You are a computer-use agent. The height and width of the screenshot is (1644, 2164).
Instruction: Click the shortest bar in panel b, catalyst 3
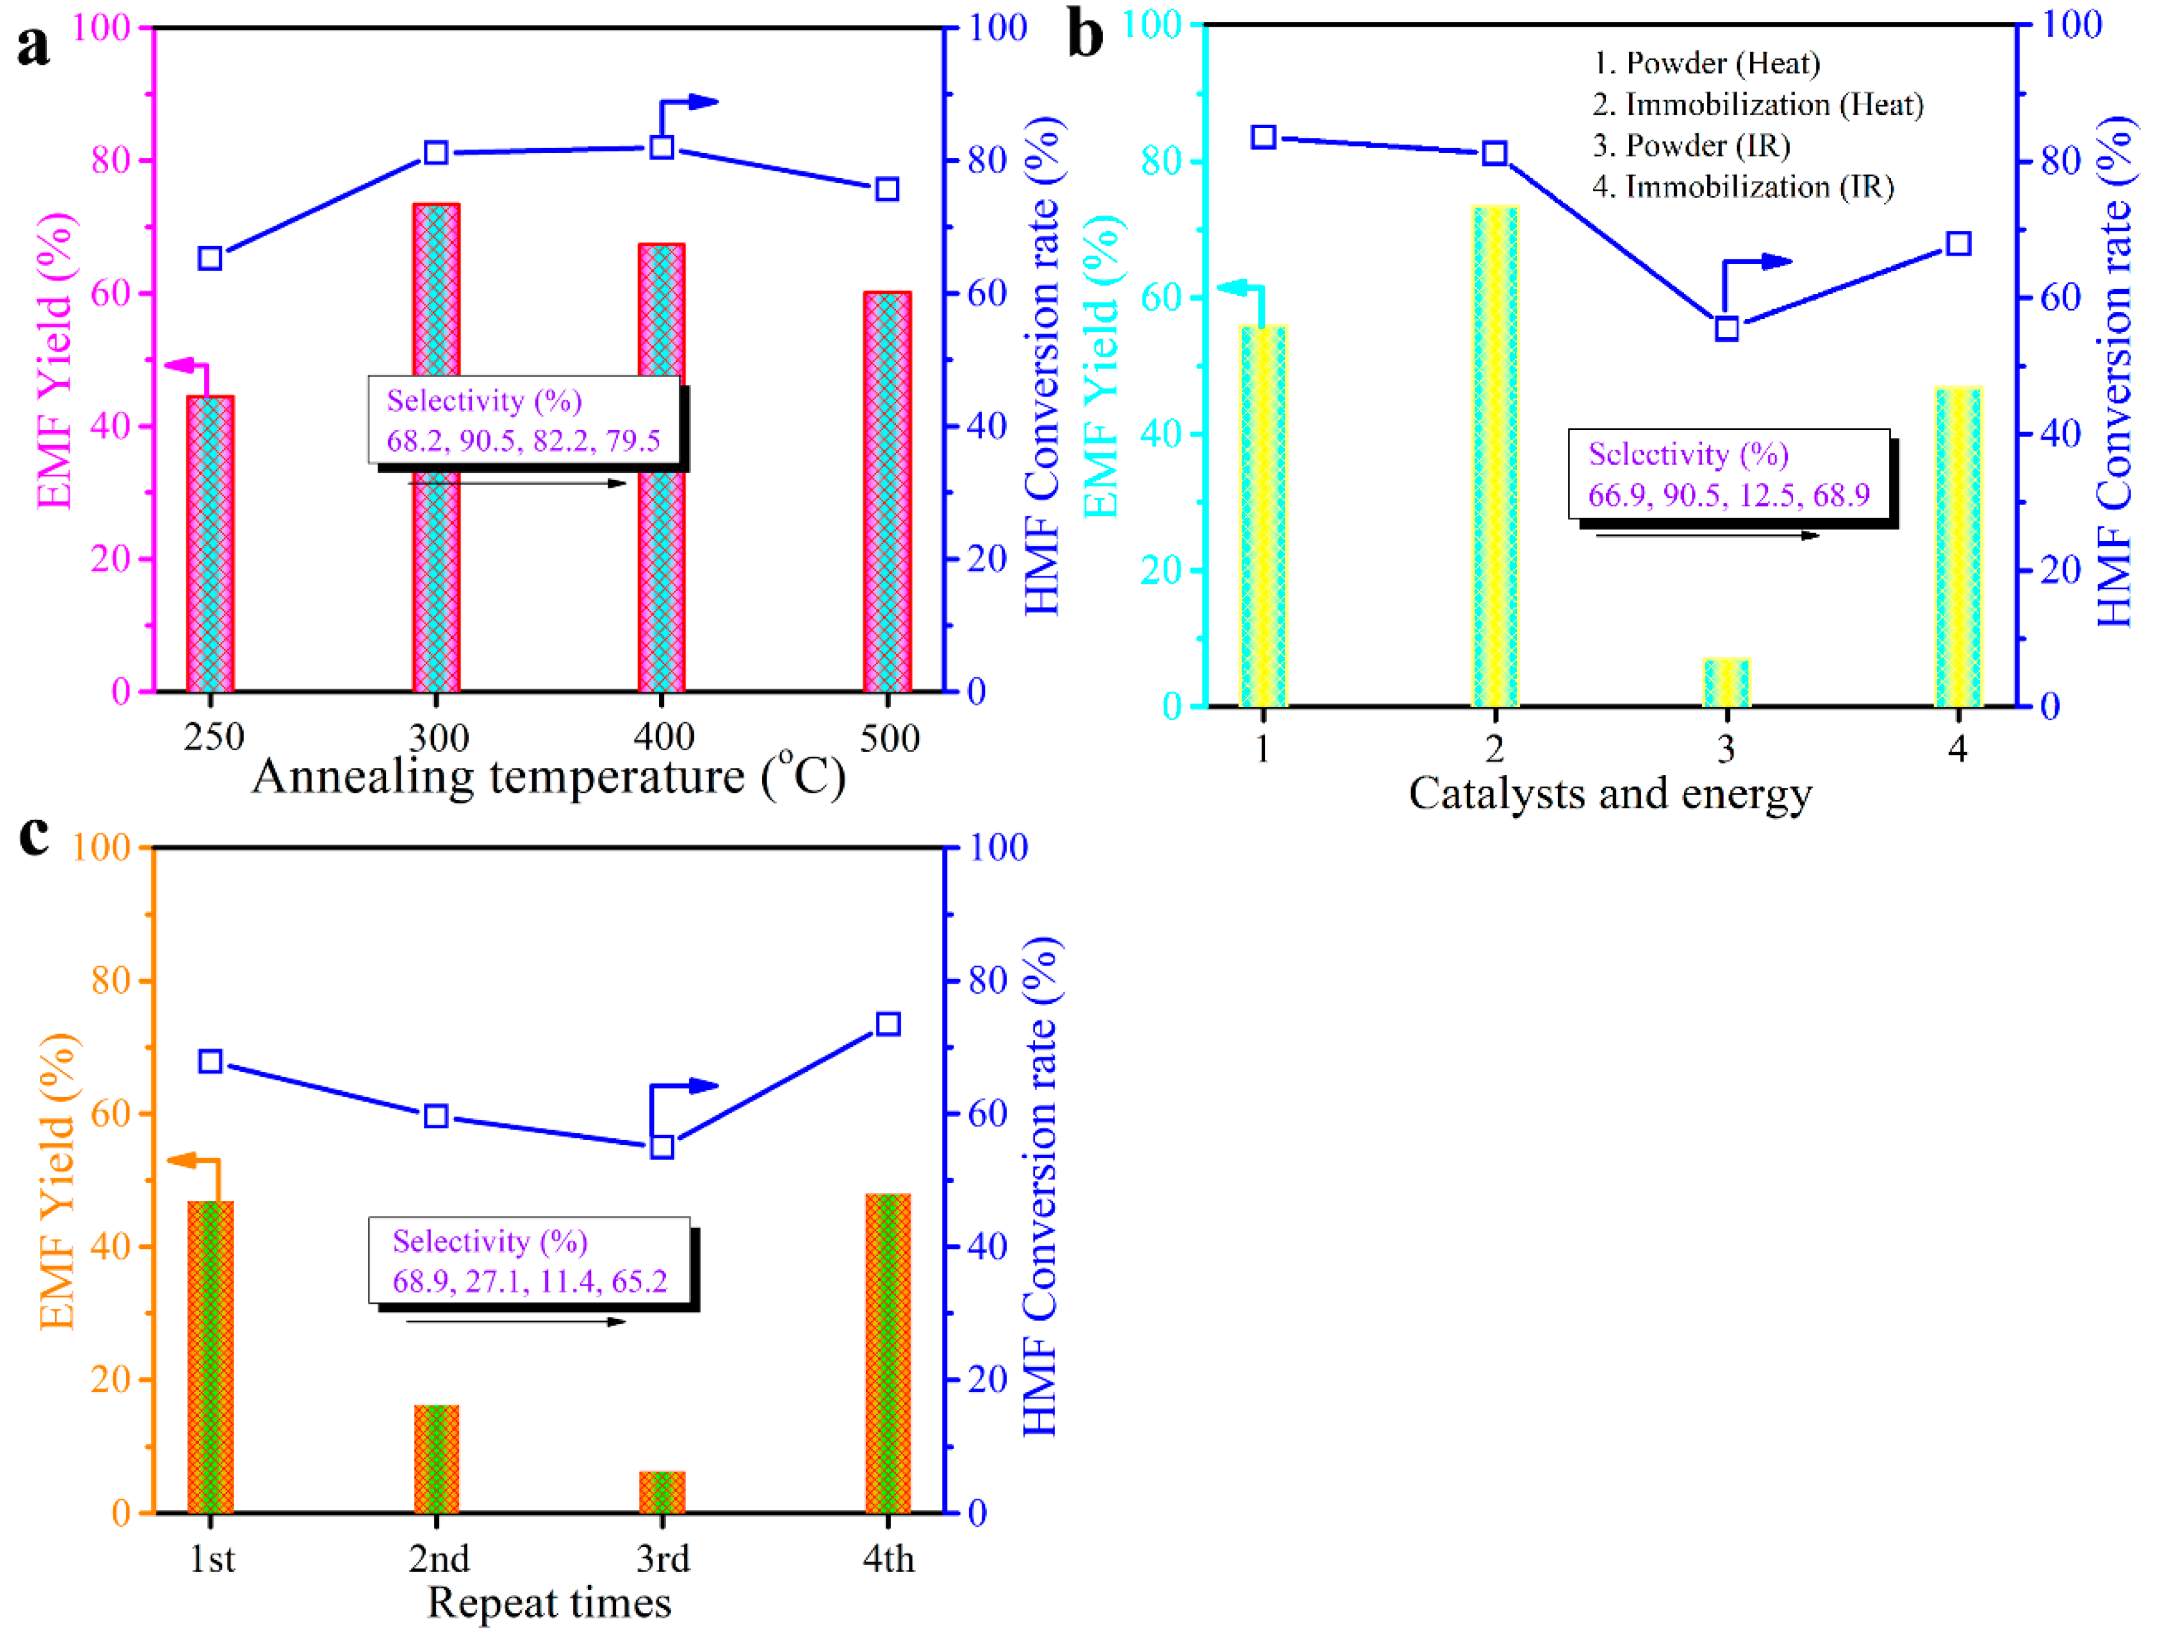[x=1727, y=683]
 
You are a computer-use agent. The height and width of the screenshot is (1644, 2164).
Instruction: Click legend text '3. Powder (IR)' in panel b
[x=1692, y=146]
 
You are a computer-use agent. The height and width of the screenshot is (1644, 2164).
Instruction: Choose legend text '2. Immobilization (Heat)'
[x=1757, y=104]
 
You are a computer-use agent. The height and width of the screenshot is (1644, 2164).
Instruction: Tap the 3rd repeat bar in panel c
[x=662, y=1492]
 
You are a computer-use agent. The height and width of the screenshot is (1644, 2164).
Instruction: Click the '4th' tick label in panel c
[x=888, y=1558]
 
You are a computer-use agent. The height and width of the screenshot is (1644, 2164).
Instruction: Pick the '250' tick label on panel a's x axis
[x=213, y=737]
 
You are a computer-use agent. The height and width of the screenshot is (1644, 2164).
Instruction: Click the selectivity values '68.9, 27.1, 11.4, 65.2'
[x=529, y=1281]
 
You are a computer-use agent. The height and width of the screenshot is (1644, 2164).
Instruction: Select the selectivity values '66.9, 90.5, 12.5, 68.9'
[x=1729, y=495]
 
